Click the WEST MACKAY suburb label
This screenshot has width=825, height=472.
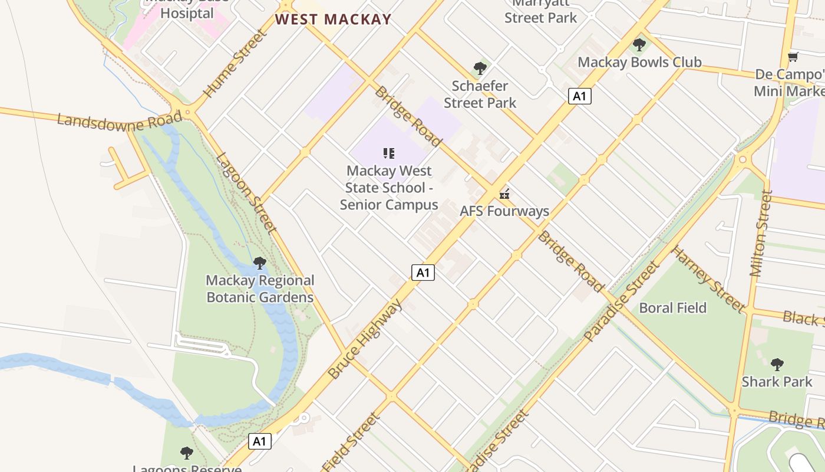pos(333,19)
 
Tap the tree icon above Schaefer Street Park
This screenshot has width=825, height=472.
pos(480,68)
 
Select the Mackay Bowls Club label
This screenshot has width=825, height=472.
pos(639,62)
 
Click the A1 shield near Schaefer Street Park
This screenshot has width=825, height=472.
pos(580,96)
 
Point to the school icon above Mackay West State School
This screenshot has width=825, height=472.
pos(388,154)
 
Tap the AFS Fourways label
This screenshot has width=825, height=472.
pos(504,211)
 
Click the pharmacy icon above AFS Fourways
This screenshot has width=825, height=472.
pos(504,194)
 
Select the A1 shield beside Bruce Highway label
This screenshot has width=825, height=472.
pos(423,272)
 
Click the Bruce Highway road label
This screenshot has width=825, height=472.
pos(365,339)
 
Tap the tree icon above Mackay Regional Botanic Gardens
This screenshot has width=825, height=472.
pos(259,263)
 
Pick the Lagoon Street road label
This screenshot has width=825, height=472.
pos(246,193)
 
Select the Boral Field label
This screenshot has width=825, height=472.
pos(672,308)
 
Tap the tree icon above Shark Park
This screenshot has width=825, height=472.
pos(777,364)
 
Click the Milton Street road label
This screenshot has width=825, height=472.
pos(760,234)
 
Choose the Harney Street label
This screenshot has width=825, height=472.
pos(708,279)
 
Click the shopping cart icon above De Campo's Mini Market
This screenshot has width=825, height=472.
pos(793,57)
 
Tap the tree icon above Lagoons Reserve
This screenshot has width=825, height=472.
pos(187,453)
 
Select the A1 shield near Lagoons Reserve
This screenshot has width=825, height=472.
pos(259,441)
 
